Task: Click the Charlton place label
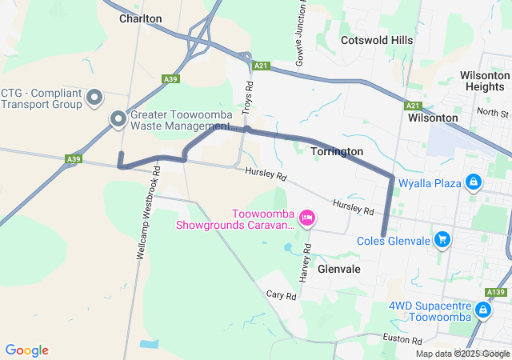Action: click(x=140, y=18)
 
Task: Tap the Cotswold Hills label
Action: click(x=376, y=40)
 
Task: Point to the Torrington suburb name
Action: click(x=336, y=151)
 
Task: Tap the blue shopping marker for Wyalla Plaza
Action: click(x=474, y=183)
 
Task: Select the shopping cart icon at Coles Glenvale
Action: click(x=442, y=239)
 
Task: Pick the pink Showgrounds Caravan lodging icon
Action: click(x=306, y=218)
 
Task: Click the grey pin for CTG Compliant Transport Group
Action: click(x=95, y=98)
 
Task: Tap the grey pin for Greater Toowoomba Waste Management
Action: click(x=118, y=120)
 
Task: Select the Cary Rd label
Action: click(x=281, y=295)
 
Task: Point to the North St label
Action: click(x=492, y=114)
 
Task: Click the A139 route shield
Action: click(x=496, y=292)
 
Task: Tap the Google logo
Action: click(x=26, y=350)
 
